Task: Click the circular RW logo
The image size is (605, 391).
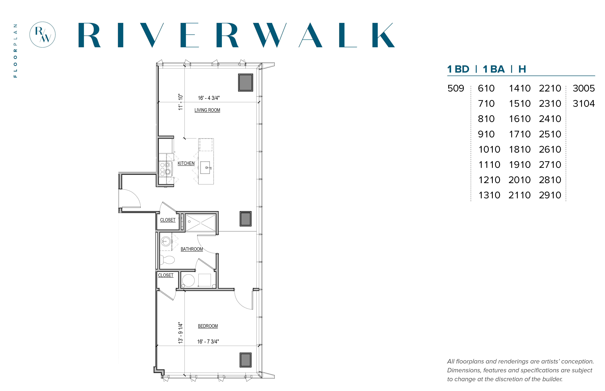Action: point(42,35)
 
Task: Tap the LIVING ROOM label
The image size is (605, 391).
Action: point(207,110)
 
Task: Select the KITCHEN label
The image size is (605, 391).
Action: point(186,163)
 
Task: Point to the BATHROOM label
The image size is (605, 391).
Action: point(192,249)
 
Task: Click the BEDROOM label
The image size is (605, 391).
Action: point(208,326)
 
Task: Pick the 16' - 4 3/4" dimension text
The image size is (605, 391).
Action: point(209,98)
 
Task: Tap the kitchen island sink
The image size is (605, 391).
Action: point(205,168)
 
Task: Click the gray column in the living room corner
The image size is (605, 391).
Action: point(245,82)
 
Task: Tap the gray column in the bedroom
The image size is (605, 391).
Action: point(245,360)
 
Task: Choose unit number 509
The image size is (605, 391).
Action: point(456,88)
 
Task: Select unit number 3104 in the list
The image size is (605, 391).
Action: point(584,104)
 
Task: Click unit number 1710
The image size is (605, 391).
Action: point(520,134)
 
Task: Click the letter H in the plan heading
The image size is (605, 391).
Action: point(522,69)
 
